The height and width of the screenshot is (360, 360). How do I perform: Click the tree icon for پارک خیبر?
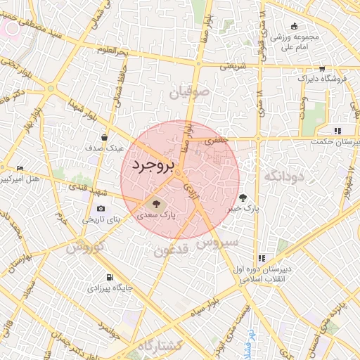(x=243, y=198)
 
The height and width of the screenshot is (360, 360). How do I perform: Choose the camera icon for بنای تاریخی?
(x=101, y=209)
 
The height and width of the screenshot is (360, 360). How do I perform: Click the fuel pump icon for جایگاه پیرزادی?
(x=110, y=277)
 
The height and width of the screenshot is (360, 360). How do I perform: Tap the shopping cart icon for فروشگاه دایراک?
(x=321, y=69)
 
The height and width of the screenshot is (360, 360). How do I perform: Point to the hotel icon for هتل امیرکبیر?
(x=20, y=169)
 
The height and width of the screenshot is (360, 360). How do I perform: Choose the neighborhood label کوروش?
(x=86, y=247)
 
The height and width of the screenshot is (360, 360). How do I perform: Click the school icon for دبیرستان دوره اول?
(x=262, y=258)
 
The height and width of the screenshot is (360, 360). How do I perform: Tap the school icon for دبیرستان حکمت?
(x=337, y=130)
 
